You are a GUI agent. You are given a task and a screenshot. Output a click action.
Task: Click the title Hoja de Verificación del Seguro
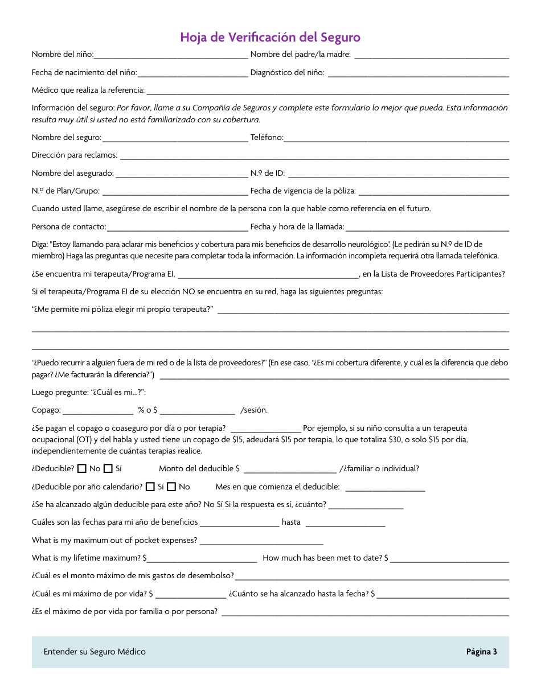[270, 38]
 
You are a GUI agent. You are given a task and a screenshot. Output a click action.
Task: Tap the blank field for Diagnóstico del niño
[418, 73]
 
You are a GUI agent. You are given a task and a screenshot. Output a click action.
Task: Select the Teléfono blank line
[396, 138]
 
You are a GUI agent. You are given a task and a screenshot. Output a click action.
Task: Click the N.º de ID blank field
[398, 174]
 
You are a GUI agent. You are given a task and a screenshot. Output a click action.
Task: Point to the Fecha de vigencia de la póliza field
[433, 192]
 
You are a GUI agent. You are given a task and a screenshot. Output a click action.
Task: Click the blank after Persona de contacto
[177, 228]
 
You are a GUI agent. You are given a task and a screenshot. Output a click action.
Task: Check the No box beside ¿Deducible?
[82, 469]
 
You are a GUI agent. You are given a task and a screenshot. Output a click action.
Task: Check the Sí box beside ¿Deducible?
[108, 469]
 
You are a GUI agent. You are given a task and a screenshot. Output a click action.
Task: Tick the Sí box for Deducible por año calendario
[150, 487]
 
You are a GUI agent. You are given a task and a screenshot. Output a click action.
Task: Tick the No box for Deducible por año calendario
[171, 487]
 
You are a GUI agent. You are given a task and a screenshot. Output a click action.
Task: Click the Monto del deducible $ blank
[290, 470]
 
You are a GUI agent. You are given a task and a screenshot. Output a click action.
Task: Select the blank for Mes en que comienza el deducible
[385, 488]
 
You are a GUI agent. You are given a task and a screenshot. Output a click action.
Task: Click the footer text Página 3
[481, 652]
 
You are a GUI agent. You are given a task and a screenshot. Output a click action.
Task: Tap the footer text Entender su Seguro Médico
[95, 652]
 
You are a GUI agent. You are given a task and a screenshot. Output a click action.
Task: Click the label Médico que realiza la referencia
[88, 90]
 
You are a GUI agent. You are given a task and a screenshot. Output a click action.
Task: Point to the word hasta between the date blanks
[291, 522]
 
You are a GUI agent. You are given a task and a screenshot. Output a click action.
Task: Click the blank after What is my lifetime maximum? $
[202, 559]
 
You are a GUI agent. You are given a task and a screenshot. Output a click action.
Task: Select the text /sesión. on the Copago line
[254, 410]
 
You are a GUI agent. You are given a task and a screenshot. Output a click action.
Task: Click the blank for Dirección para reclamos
[314, 156]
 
